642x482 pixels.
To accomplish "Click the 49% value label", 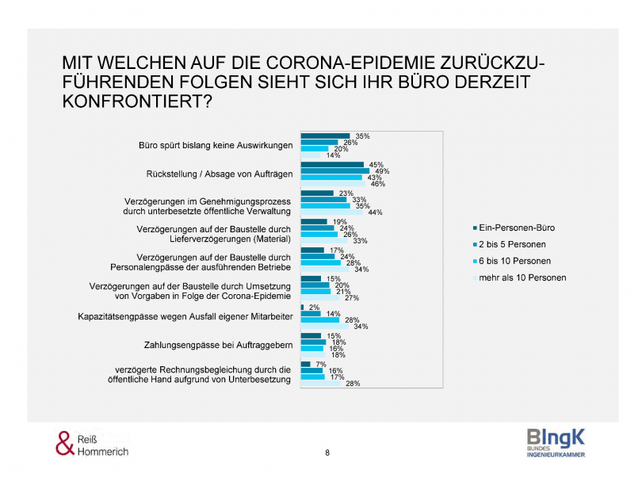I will point(380,171).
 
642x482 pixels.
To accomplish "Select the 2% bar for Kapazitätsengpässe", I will point(303,307).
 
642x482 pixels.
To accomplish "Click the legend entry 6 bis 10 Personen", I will point(511,261).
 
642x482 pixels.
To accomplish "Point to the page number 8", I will point(327,453).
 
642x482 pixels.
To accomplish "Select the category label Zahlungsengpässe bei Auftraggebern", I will point(218,346).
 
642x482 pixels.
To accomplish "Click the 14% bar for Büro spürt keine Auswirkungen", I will point(310,155).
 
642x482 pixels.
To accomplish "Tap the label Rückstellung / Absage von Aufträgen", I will point(220,174).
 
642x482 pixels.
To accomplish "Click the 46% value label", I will point(377,184).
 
